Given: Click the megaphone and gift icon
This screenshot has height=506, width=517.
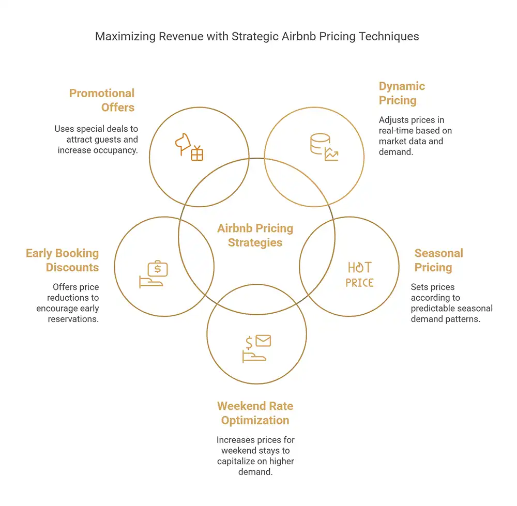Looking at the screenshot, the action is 189,147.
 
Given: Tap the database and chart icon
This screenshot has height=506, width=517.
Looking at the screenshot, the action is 324,147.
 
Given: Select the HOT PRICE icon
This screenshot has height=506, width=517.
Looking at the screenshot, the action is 359,274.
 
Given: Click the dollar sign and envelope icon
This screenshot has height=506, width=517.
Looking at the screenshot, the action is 256,349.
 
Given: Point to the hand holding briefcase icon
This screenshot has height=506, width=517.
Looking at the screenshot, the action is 154,274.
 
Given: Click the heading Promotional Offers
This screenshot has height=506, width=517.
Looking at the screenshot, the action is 101,100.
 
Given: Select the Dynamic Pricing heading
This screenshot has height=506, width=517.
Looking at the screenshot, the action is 402,93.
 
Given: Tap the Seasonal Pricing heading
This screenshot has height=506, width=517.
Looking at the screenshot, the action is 438,260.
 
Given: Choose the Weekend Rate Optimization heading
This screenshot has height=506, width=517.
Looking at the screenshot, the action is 255,413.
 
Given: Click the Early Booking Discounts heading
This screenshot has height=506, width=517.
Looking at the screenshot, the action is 63,260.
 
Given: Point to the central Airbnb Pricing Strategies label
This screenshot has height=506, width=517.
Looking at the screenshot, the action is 255,235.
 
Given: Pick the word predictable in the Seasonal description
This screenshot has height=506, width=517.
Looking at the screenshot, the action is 429,309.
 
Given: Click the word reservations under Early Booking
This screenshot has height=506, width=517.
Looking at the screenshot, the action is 73,319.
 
